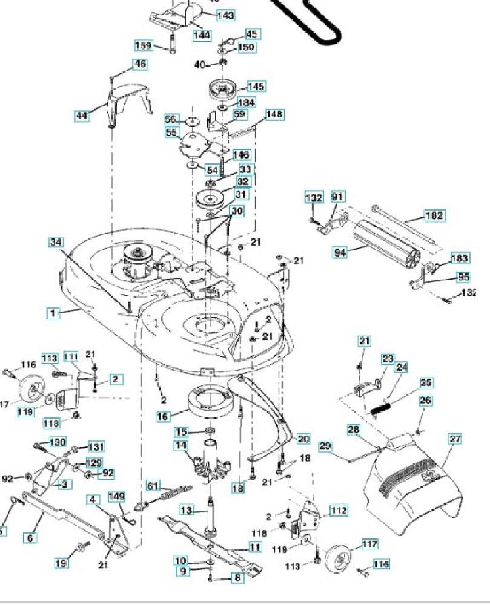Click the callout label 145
click(x=255, y=87)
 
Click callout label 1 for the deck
click(x=54, y=313)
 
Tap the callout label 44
click(x=82, y=115)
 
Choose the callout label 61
click(x=154, y=485)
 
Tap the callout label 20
click(x=303, y=439)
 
